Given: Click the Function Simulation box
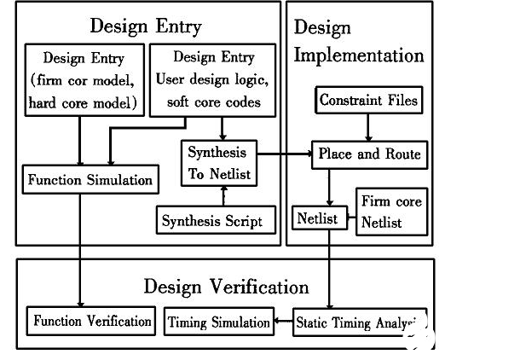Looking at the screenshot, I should [90, 180].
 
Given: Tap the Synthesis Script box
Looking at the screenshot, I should [219, 221].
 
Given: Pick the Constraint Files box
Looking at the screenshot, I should [369, 101].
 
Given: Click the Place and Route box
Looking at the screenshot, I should [369, 154].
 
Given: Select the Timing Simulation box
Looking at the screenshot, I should [219, 322].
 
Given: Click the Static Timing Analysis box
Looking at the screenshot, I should [357, 322].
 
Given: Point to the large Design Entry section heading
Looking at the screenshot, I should [145, 26].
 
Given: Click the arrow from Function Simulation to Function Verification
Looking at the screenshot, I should [80, 247].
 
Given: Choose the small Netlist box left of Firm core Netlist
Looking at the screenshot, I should [317, 218].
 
